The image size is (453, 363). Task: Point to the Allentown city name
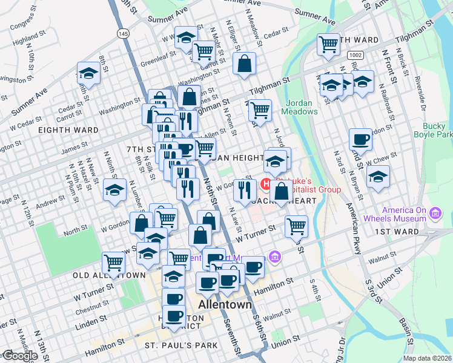coord(225,304)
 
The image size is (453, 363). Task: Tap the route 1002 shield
coord(355,55)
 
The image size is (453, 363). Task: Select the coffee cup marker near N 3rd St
coord(360,139)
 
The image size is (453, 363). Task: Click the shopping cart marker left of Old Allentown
coord(113,262)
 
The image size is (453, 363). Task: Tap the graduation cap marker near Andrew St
coord(114,190)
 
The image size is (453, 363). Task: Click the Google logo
coord(19,356)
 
